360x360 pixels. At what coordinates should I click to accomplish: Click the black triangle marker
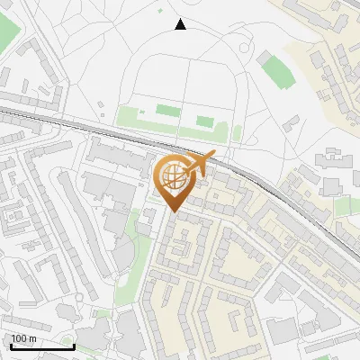pos(180,24)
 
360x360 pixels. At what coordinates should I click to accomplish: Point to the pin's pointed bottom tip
pos(174,212)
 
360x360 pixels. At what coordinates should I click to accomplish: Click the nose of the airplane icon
pos(213,156)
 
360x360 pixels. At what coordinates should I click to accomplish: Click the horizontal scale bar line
pos(41,346)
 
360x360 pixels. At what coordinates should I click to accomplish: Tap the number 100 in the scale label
pos(19,339)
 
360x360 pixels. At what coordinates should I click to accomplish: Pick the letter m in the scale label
pos(31,339)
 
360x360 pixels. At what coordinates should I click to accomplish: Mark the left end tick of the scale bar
pos(10,345)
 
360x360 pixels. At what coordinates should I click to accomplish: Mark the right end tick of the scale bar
pos(74,345)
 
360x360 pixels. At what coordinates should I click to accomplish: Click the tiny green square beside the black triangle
pos(161,12)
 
